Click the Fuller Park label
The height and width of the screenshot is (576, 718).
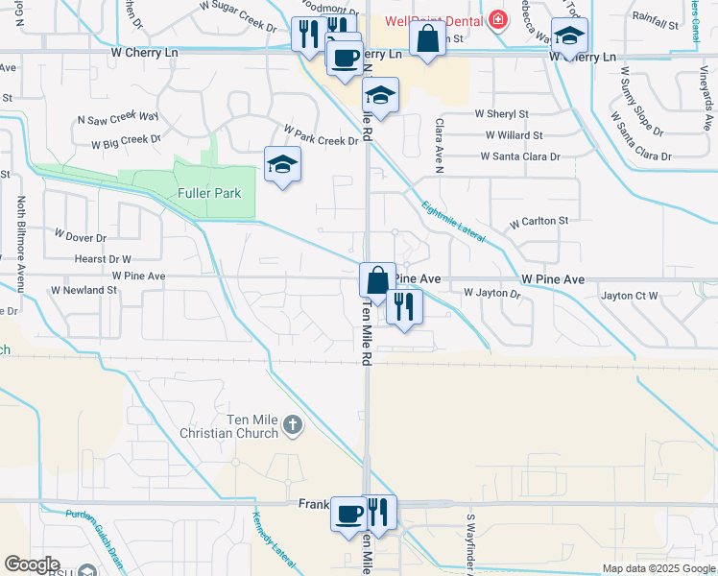209,193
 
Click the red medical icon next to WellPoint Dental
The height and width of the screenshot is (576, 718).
497,19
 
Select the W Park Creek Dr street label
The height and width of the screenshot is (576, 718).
321,134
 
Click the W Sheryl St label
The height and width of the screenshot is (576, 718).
502,114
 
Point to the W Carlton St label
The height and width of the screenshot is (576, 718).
539,222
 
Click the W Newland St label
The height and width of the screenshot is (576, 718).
84,289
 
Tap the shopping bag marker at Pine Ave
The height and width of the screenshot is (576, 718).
377,280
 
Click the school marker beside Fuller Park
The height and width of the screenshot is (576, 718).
282,165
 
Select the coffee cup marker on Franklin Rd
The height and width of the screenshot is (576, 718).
347,512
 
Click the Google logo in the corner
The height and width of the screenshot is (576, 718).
32,564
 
